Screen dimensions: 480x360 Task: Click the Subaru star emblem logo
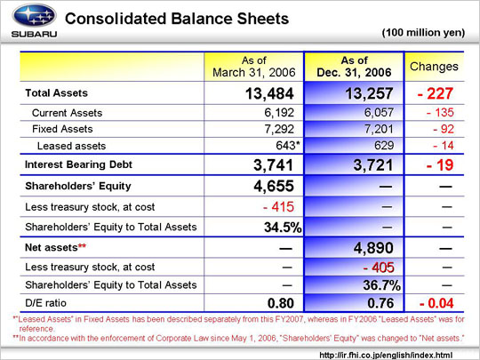pos(34,15)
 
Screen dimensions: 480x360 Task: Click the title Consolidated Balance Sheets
pos(177,19)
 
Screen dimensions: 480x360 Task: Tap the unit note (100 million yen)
pos(423,33)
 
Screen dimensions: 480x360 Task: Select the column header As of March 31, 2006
pos(253,67)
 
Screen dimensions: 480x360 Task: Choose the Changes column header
pos(434,67)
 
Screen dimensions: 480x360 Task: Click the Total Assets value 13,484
pos(269,93)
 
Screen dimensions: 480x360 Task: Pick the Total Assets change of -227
pos(435,93)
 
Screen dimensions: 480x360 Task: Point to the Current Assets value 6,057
pos(379,113)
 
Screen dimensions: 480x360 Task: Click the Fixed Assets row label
pos(62,129)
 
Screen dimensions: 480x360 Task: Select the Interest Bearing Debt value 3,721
pos(372,165)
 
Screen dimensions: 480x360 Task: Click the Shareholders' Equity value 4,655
pos(274,186)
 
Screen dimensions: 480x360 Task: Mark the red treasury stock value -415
pos(278,207)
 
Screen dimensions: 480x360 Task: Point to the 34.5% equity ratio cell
pos(283,228)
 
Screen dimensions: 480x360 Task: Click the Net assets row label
pos(55,247)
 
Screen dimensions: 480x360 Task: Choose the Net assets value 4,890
pos(373,248)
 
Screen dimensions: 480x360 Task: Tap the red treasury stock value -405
pos(379,268)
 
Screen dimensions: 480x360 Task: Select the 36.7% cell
pos(381,285)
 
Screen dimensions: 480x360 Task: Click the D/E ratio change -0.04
pos(436,303)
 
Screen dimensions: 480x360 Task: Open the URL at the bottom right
pos(386,355)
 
